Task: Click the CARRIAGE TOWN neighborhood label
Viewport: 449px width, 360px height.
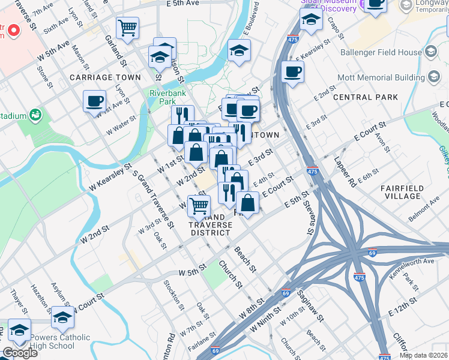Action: tap(105, 77)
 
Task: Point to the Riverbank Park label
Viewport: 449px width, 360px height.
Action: tap(167, 98)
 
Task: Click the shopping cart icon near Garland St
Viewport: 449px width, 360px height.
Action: tap(127, 28)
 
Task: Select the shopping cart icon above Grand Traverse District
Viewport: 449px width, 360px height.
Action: tap(199, 205)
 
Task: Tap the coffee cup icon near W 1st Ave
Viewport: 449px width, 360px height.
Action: tap(94, 101)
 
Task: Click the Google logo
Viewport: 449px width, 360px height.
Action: tap(20, 353)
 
